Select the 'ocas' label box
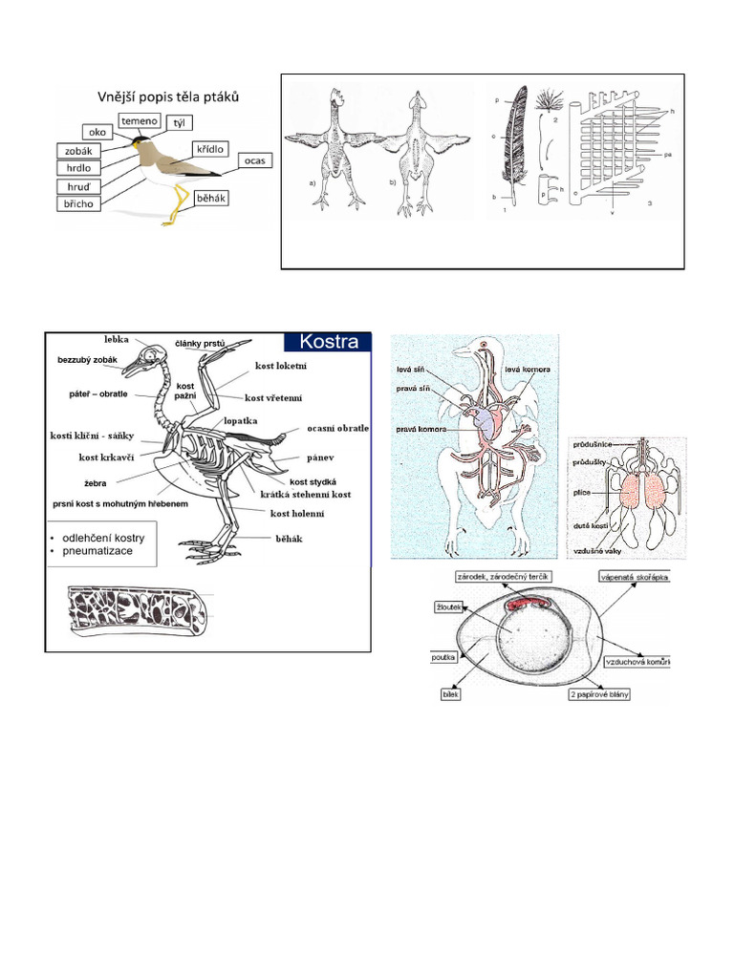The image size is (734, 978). point(253,160)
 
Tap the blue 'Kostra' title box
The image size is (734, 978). point(328,342)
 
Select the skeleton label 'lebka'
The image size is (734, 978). point(119,339)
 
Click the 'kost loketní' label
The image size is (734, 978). point(281,366)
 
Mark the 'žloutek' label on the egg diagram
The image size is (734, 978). point(450,606)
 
